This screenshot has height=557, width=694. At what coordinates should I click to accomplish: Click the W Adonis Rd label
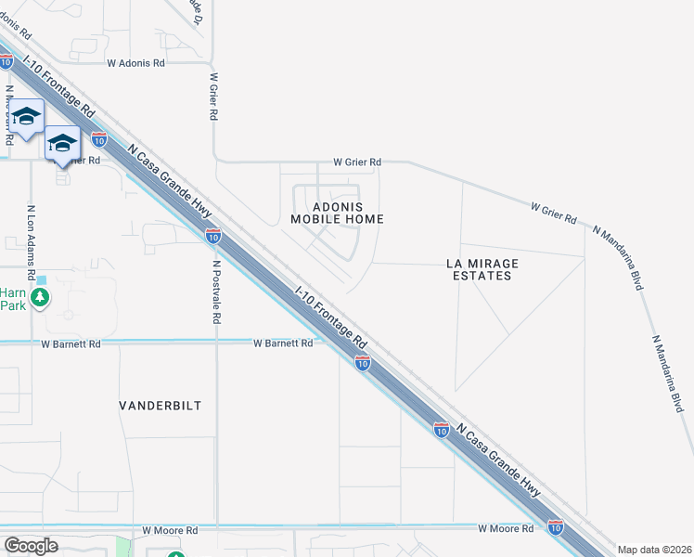pyautogui.click(x=135, y=63)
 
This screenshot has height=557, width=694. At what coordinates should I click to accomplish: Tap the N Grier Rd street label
pyautogui.click(x=213, y=97)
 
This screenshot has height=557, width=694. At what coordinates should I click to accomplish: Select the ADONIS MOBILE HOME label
pyautogui.click(x=337, y=213)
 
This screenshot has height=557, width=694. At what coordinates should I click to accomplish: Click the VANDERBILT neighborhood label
pyautogui.click(x=160, y=406)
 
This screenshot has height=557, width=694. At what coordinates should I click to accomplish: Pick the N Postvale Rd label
pyautogui.click(x=215, y=291)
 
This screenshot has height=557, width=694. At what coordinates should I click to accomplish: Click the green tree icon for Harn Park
pyautogui.click(x=39, y=298)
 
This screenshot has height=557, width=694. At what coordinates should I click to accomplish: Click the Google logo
pyautogui.click(x=31, y=546)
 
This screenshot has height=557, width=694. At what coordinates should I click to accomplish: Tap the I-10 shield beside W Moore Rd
pyautogui.click(x=555, y=527)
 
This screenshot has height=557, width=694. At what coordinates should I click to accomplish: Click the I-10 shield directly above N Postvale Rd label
pyautogui.click(x=213, y=236)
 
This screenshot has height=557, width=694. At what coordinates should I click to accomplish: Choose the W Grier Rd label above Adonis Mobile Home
pyautogui.click(x=356, y=162)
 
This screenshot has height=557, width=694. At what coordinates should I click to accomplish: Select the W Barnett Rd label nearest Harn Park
pyautogui.click(x=71, y=343)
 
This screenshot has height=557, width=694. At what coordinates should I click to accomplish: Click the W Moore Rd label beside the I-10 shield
pyautogui.click(x=506, y=528)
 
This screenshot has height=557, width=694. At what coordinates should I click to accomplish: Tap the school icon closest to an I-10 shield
pyautogui.click(x=62, y=143)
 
